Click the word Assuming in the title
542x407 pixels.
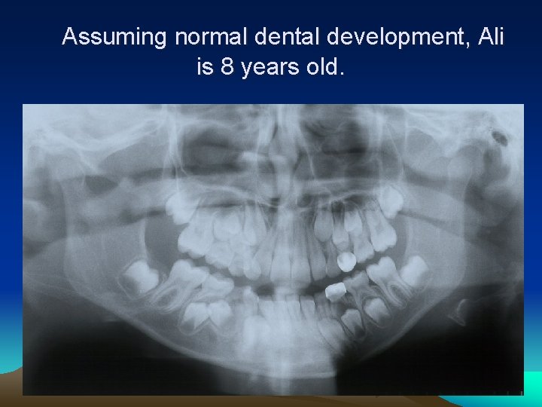(115, 37)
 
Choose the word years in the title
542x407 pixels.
(269, 69)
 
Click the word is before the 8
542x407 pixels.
(205, 69)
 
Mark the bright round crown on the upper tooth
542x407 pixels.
(346, 262)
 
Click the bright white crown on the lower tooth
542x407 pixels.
(335, 291)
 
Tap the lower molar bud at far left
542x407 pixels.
(139, 277)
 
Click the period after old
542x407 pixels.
(343, 74)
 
